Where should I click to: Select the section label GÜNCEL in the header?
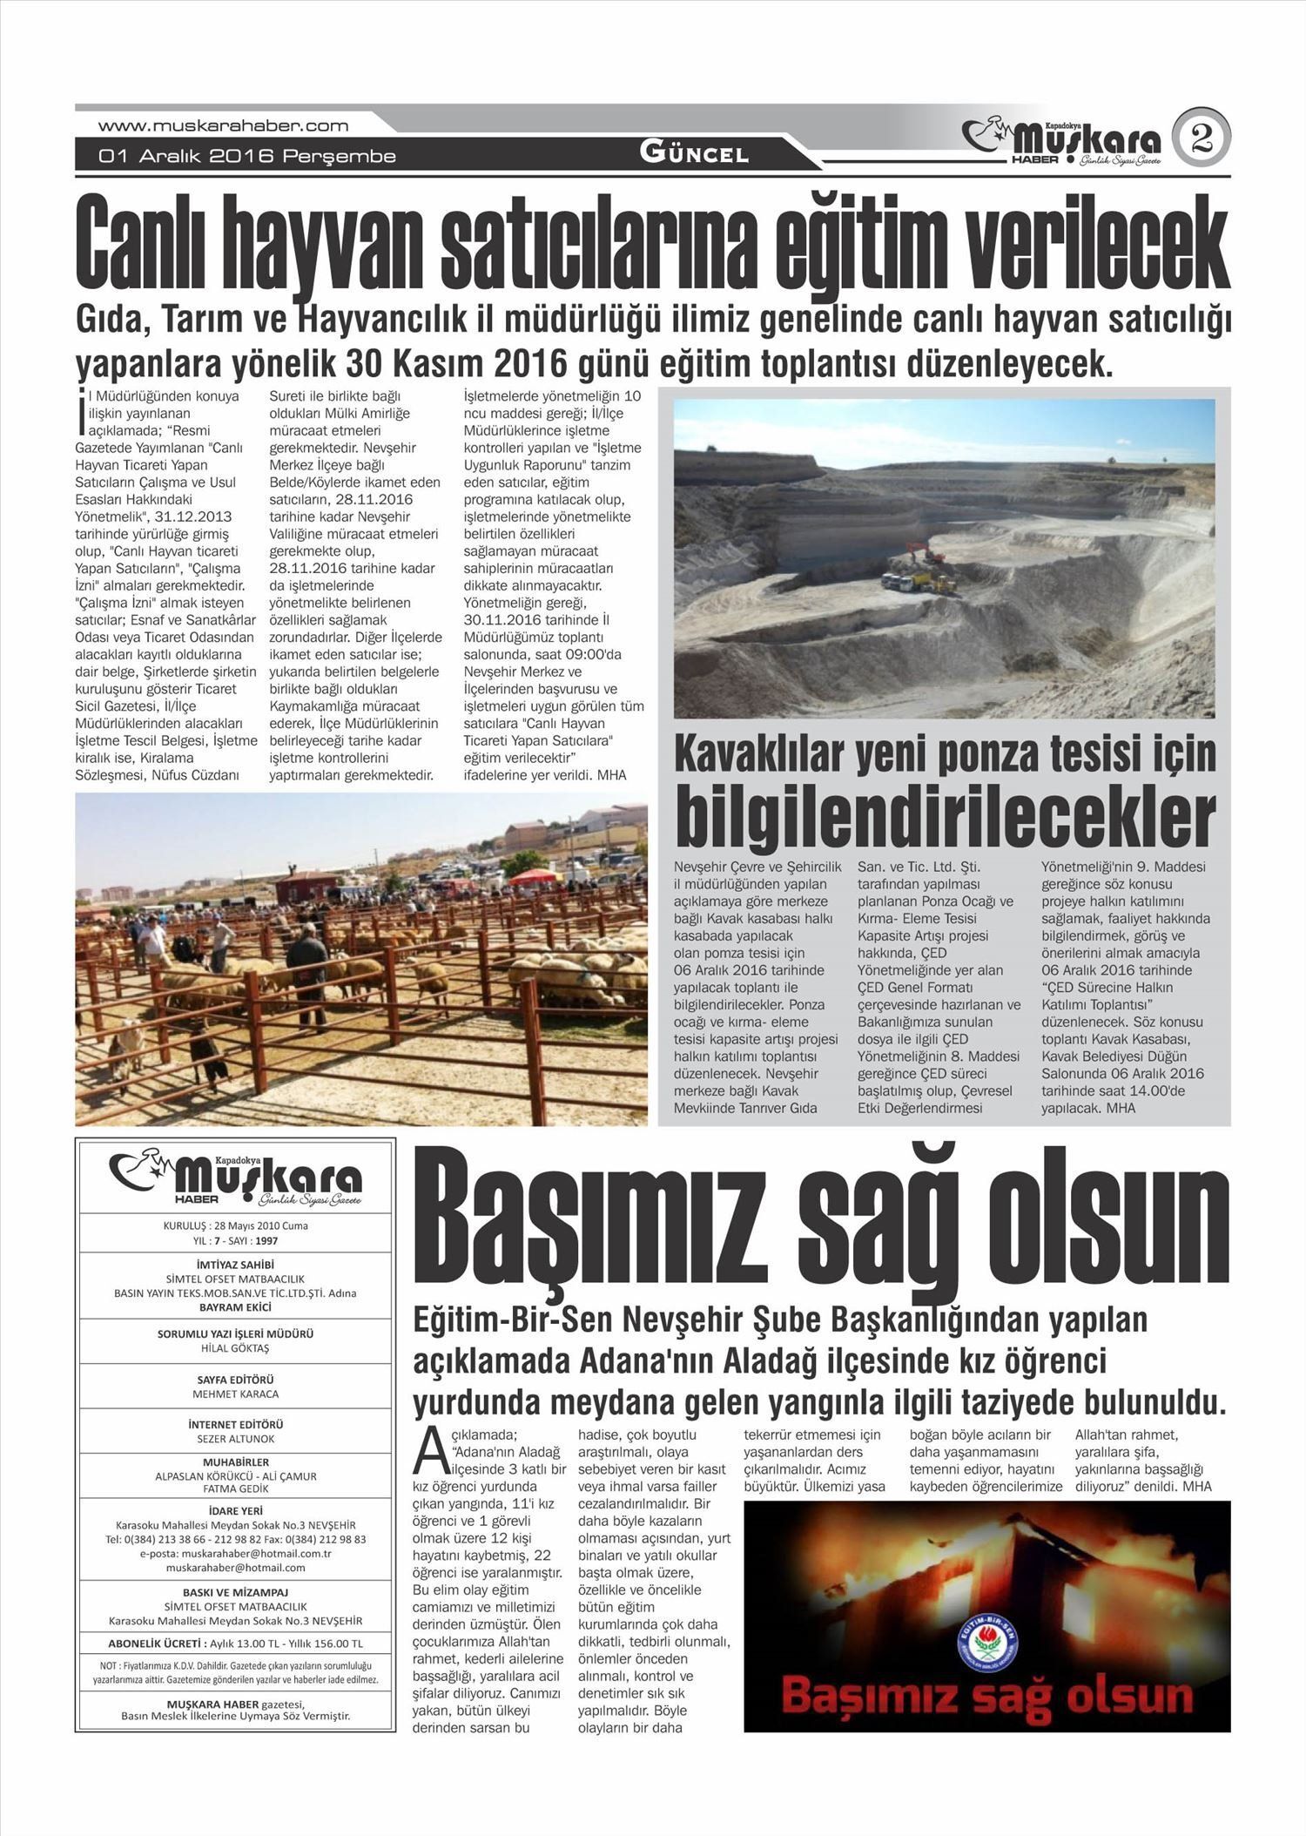pyautogui.click(x=694, y=154)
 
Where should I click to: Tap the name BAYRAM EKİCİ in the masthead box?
pyautogui.click(x=235, y=1307)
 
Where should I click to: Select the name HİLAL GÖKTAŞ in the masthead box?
pyautogui.click(x=235, y=1349)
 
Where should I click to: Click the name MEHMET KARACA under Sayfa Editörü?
pyautogui.click(x=235, y=1394)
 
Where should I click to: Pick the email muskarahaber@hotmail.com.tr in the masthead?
pyautogui.click(x=235, y=1553)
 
